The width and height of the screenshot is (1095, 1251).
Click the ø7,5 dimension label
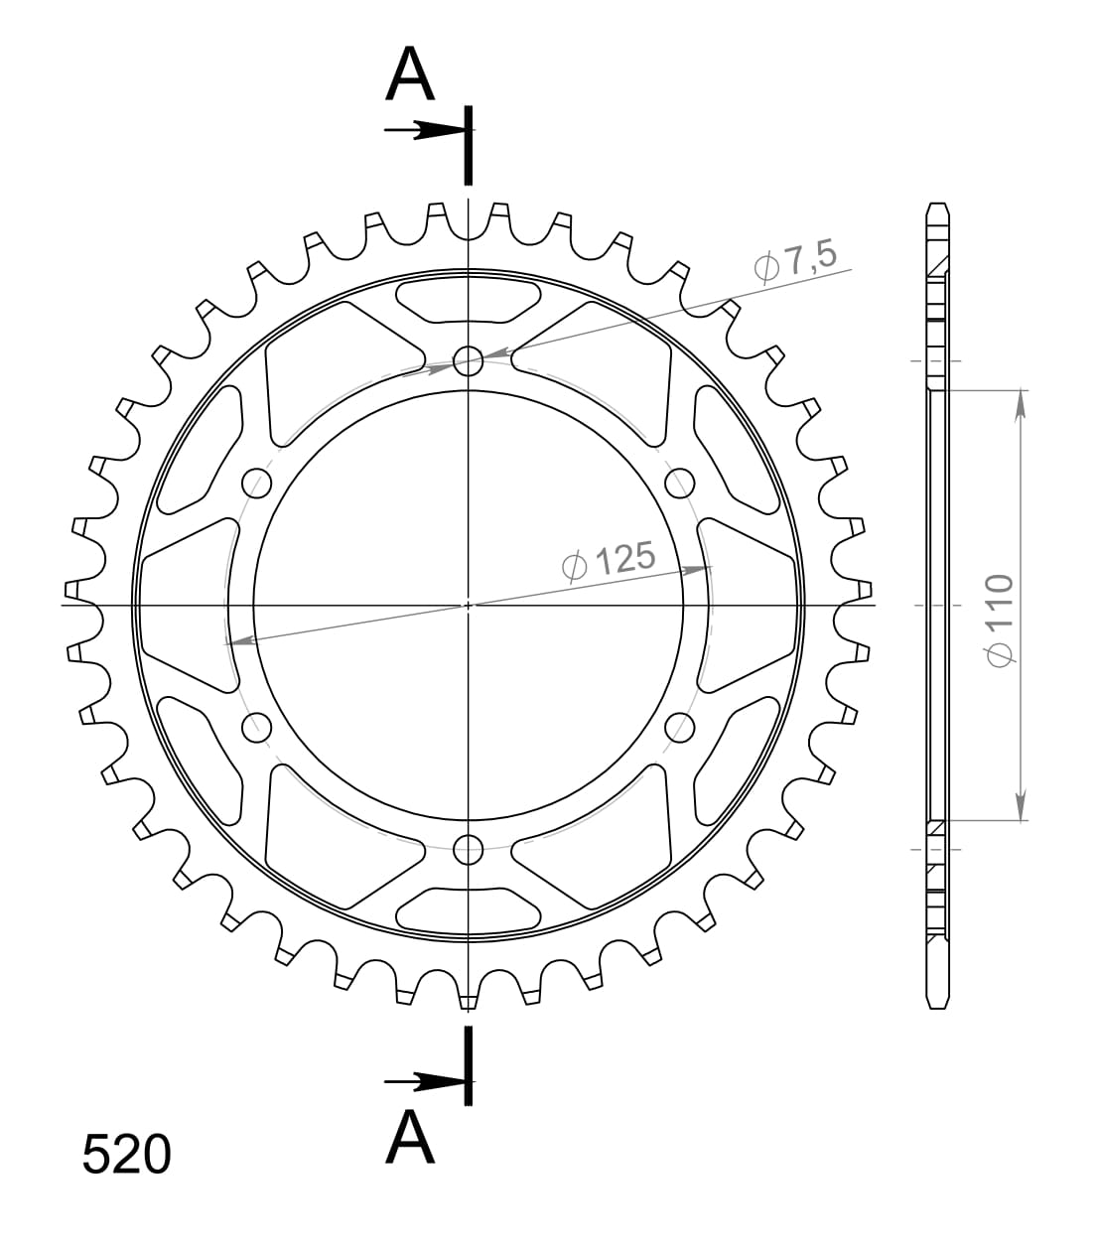click(x=796, y=262)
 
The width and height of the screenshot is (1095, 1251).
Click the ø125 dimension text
click(x=609, y=561)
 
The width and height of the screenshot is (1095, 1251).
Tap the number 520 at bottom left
click(x=126, y=1156)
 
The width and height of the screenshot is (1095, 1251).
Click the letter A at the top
click(x=410, y=75)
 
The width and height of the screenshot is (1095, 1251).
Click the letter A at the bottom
click(x=410, y=1138)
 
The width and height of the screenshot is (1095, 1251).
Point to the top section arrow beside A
click(x=424, y=130)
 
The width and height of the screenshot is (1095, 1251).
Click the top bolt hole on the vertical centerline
click(x=468, y=359)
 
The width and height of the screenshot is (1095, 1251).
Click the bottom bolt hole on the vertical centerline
click(x=468, y=849)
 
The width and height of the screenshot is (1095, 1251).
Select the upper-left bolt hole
click(x=257, y=483)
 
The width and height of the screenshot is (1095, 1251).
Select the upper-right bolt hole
click(x=679, y=483)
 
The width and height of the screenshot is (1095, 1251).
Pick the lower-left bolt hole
click(x=257, y=727)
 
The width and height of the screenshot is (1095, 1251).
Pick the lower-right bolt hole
click(x=679, y=727)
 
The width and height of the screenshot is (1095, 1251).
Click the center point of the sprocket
click(x=468, y=605)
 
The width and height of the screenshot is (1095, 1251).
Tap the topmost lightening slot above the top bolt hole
click(x=468, y=301)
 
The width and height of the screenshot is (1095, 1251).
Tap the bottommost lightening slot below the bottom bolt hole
click(x=468, y=908)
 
